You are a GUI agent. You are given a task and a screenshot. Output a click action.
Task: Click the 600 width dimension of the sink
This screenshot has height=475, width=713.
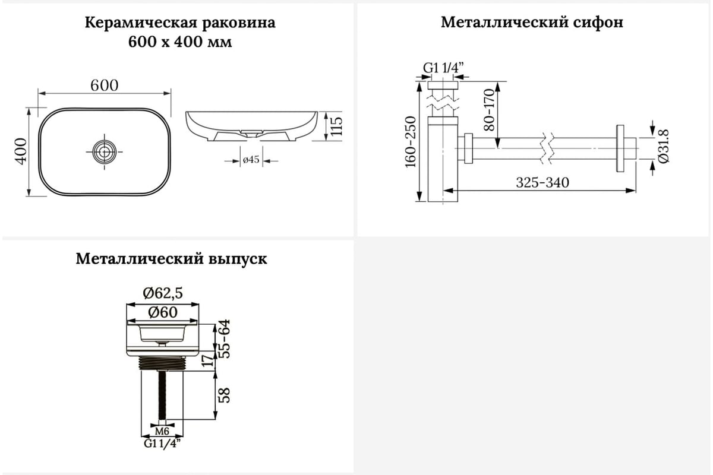[x=105, y=85]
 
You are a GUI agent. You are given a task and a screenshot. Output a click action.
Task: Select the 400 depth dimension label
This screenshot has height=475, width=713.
[x=21, y=151]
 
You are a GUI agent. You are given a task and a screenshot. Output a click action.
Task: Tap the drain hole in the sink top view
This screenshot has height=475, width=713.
[x=105, y=152]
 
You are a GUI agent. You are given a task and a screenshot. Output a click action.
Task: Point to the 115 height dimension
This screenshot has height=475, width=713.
[x=336, y=126]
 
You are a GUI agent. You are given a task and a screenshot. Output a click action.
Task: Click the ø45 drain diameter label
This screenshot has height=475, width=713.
[x=251, y=159]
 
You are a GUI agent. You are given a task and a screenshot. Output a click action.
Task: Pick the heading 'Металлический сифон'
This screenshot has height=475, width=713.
[x=532, y=23]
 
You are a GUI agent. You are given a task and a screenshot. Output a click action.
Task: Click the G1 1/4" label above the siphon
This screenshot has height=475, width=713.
[x=443, y=68]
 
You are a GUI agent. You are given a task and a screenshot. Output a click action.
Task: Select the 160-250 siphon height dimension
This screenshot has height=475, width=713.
[x=411, y=142]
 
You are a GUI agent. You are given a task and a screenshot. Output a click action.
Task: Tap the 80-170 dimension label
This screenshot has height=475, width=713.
[x=489, y=110]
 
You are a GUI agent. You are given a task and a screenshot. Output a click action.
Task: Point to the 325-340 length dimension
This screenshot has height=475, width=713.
[x=542, y=183]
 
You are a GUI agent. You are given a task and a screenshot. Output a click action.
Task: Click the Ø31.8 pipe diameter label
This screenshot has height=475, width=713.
[x=664, y=146]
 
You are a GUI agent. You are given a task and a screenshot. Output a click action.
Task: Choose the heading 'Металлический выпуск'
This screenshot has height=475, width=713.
[x=171, y=259]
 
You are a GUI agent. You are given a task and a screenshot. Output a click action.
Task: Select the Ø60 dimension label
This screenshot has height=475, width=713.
[x=163, y=312]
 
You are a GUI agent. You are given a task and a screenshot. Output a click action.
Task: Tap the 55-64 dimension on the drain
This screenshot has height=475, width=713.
[x=224, y=339]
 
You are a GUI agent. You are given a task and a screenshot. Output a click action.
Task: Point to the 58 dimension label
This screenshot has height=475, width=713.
[x=225, y=395]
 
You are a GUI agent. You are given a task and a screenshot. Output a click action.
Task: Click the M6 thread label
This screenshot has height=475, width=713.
[x=162, y=432]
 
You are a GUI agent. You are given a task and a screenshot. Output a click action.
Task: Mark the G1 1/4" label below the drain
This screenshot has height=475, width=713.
[x=162, y=443]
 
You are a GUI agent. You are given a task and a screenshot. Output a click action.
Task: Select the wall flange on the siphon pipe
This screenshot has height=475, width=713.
[x=620, y=148]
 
